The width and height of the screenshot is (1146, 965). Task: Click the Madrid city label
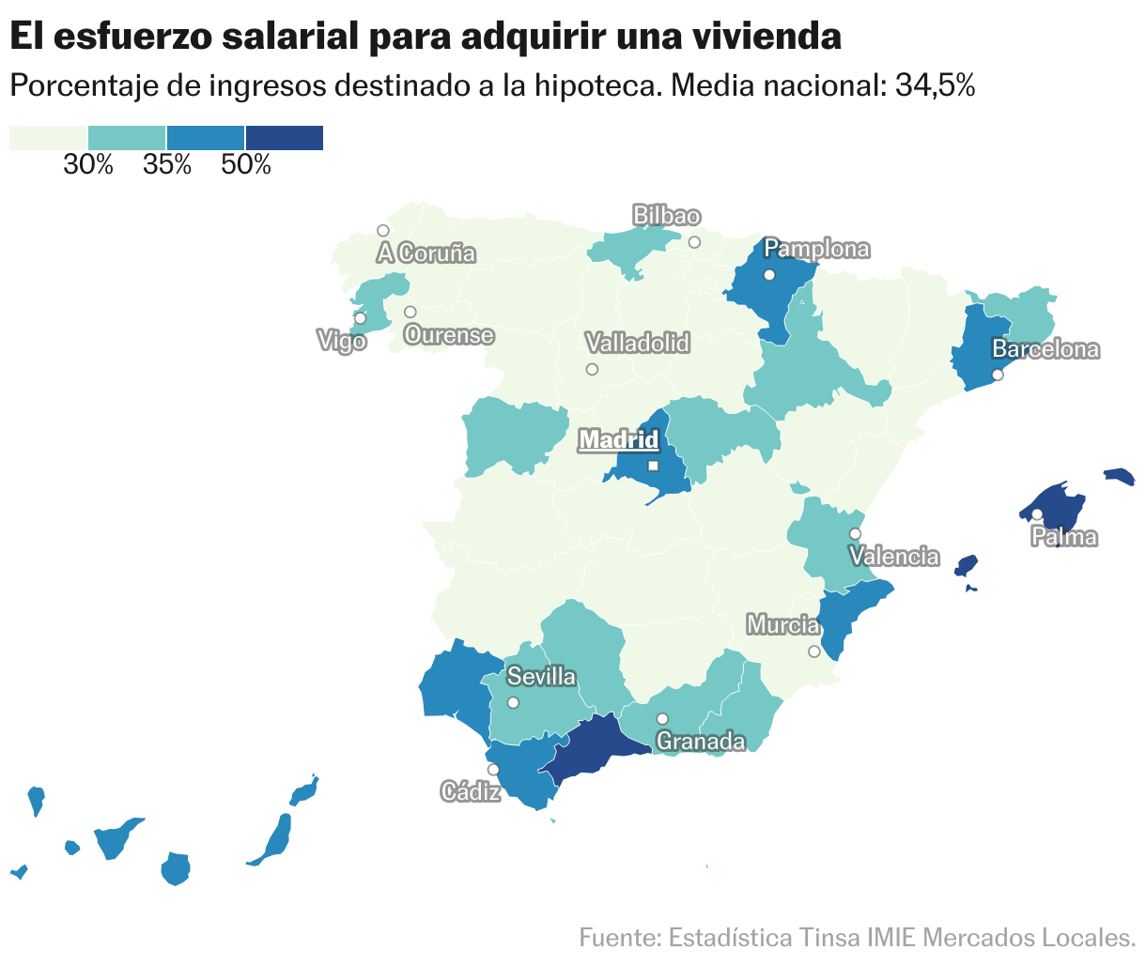[619, 439]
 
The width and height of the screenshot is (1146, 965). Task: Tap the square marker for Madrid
[653, 466]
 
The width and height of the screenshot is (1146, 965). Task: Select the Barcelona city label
[1045, 350]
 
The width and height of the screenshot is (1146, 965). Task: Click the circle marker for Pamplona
[769, 275]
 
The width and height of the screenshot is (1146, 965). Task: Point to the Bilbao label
[666, 216]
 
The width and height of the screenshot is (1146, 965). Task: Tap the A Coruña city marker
[383, 231]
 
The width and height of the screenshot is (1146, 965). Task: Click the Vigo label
[342, 342]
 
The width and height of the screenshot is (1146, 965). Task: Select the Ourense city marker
[410, 313]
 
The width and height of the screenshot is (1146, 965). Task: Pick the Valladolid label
[637, 344]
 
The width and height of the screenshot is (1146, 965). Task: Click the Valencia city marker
[855, 534]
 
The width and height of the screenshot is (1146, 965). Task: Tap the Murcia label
[782, 624]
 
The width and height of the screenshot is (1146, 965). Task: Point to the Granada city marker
[662, 719]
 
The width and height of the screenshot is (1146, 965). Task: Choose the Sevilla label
[541, 677]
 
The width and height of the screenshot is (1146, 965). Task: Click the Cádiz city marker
[493, 770]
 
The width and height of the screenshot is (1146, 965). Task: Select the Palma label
[1064, 538]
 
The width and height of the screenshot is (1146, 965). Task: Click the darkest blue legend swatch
[284, 138]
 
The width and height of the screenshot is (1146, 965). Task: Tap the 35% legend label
[167, 166]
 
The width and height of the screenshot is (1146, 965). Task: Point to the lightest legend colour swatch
[48, 138]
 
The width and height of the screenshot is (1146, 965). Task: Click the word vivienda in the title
[765, 38]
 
